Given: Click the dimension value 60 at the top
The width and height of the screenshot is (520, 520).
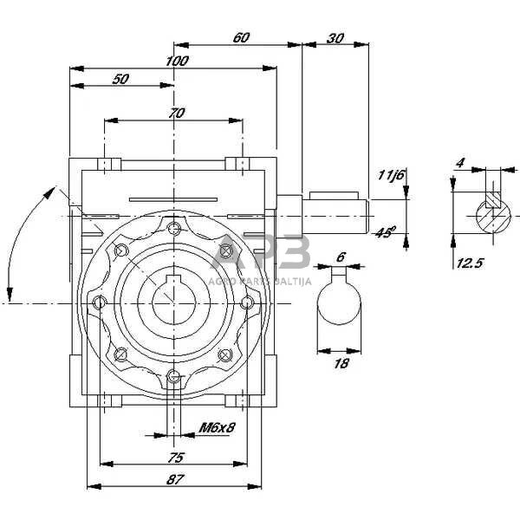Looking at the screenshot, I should click(x=241, y=37).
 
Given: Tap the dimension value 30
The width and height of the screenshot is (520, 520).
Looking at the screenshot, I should click(x=335, y=37).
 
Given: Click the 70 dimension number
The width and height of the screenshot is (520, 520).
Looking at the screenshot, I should click(x=177, y=112).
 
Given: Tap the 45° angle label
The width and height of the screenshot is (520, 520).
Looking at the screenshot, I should click(x=386, y=231).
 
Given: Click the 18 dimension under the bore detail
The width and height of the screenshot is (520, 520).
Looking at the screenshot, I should click(x=341, y=363).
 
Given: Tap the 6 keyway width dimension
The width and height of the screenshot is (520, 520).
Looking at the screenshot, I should click(x=341, y=257).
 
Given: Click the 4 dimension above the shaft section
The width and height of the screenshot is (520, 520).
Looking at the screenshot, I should click(x=460, y=163).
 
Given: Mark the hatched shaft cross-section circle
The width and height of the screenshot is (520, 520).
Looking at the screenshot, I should click(x=493, y=212).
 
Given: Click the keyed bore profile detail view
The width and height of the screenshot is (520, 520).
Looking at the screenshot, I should click(x=339, y=303).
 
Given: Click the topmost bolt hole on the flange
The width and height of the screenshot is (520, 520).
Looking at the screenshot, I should click(x=176, y=228).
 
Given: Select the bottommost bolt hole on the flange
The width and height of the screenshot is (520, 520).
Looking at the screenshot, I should click(x=176, y=375).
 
